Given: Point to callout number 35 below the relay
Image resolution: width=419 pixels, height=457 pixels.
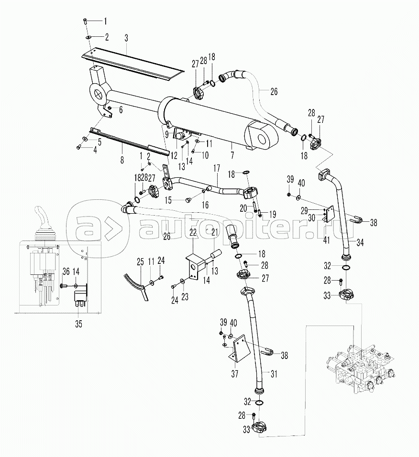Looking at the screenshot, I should tap(78, 324).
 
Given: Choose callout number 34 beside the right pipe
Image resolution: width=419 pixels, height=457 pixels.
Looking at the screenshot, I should tap(360, 242).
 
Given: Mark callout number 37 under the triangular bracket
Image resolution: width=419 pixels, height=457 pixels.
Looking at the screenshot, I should tap(234, 372).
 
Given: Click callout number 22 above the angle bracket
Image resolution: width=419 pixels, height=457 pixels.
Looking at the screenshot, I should tap(193, 232).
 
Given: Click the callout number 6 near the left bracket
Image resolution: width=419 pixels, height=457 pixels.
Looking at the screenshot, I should tap(121, 110).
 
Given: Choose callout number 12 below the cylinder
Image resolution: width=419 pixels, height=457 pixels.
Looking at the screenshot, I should tap(174, 155).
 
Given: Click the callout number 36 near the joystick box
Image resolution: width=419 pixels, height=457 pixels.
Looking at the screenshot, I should tap(66, 271).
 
